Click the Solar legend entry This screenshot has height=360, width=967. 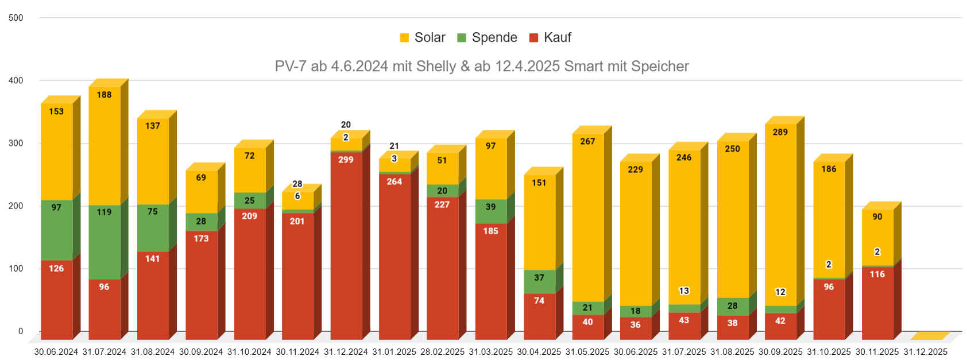pos(423,38)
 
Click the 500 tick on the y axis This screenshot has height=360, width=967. pos(16,18)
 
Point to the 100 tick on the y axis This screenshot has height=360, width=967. pos(16,269)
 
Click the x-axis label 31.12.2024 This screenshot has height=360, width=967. pos(346,352)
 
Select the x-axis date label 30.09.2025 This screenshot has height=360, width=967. pos(780,352)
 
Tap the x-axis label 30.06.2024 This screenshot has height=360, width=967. pos(56,352)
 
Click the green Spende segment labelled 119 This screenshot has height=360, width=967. pos(105,241)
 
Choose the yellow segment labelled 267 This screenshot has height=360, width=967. pos(587,218)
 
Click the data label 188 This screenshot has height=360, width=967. pos(104,95)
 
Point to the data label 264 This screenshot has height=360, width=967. pos(394,181)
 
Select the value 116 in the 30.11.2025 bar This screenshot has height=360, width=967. pos(877,274)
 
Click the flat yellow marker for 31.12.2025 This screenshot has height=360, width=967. pos(927,336)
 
